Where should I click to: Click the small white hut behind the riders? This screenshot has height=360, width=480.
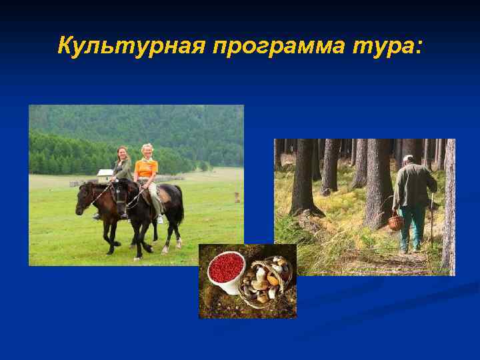[105, 175]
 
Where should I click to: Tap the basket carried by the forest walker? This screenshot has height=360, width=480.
[396, 222]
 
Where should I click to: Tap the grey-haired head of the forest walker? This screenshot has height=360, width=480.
[408, 159]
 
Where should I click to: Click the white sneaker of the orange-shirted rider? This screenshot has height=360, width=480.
[160, 219]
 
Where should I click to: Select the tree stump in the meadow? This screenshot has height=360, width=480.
[237, 197]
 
